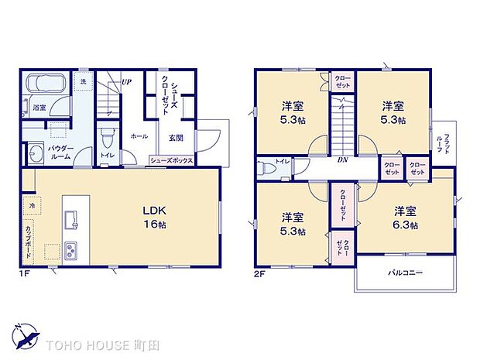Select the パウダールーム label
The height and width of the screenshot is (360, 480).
point(60,152)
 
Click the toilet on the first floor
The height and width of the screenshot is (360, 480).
point(108,142)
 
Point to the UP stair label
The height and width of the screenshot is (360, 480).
point(125,81)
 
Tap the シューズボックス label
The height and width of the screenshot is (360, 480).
point(172,161)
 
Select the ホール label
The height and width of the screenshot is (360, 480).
point(139,135)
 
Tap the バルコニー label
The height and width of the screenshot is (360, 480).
point(404,273)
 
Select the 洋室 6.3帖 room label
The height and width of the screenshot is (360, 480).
point(403,218)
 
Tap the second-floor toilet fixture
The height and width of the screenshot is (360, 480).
point(267,167)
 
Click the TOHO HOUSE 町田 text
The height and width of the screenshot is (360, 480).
point(99,343)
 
